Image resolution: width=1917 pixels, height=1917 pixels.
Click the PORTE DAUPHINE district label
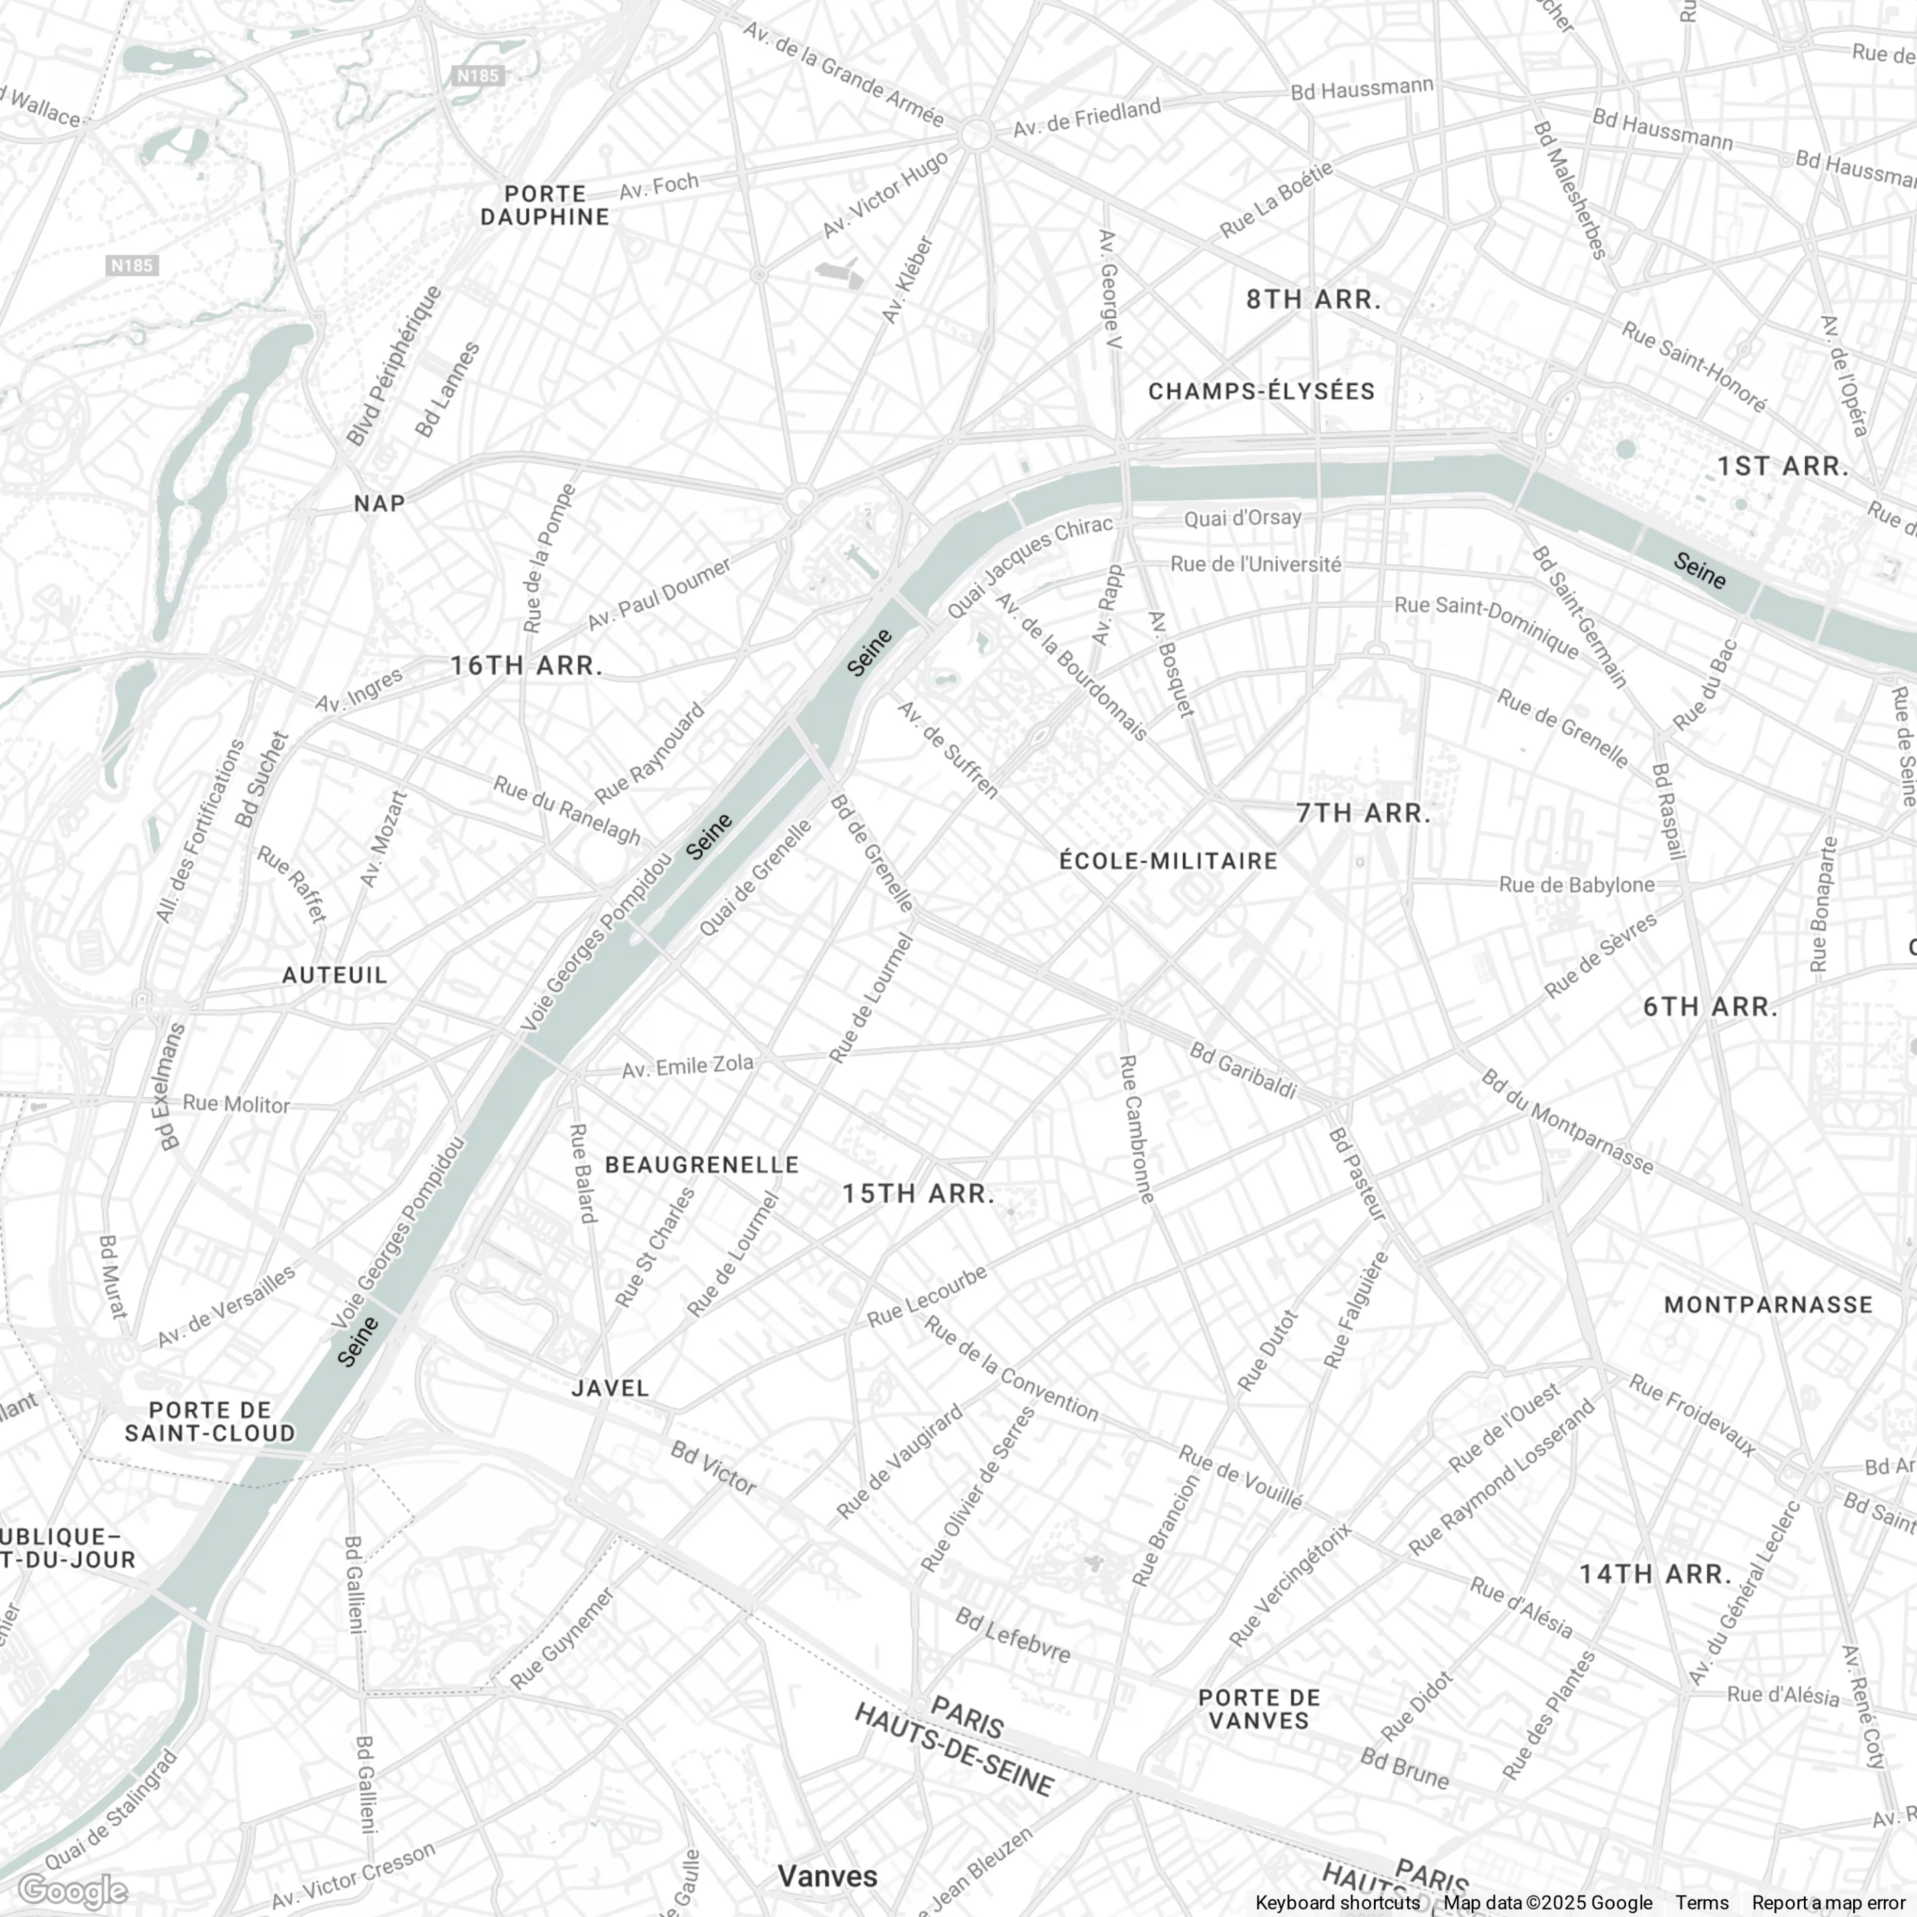click(544, 206)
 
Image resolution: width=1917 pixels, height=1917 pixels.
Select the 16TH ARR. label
click(527, 666)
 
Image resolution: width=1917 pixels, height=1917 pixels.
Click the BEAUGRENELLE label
click(702, 1164)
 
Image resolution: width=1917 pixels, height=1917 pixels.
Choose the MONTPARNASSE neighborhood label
click(1768, 1304)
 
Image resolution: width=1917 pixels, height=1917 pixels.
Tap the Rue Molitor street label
click(236, 1104)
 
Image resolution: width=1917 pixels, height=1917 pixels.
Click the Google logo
click(73, 1891)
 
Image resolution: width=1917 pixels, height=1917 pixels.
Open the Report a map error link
click(1828, 1903)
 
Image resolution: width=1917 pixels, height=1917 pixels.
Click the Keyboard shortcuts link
click(1337, 1903)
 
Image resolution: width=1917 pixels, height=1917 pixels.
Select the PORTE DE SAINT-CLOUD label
click(210, 1421)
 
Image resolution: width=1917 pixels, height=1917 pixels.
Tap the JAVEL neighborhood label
click(610, 1388)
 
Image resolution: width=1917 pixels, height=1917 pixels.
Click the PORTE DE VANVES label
click(1259, 1709)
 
